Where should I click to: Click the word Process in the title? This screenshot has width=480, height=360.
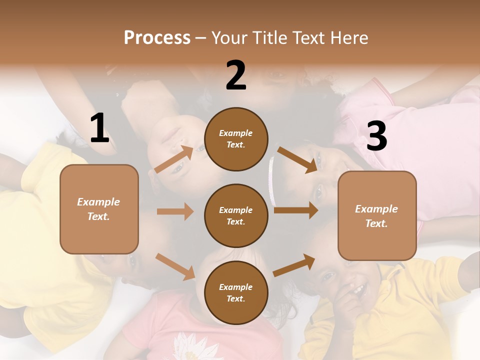point(157,37)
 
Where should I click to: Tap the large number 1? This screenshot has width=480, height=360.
point(99,128)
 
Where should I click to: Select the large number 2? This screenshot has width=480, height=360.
point(236,75)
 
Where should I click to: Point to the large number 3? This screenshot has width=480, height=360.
point(376,136)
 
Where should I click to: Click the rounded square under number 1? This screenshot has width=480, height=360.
point(99,209)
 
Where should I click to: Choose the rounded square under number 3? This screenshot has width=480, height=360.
point(377,216)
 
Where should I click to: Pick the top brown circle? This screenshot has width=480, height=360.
point(236,139)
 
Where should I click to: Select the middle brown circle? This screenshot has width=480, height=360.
point(236,215)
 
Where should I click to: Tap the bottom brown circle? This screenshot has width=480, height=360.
point(236,292)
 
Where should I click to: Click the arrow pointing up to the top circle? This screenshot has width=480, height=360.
point(174,159)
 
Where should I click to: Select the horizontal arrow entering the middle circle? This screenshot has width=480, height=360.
point(175,211)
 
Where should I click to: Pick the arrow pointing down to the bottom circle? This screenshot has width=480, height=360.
point(175,266)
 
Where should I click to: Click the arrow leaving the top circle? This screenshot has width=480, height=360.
point(297,160)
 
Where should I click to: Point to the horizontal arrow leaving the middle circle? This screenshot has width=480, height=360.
point(296,210)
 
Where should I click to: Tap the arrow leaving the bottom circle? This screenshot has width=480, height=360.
point(294,265)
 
